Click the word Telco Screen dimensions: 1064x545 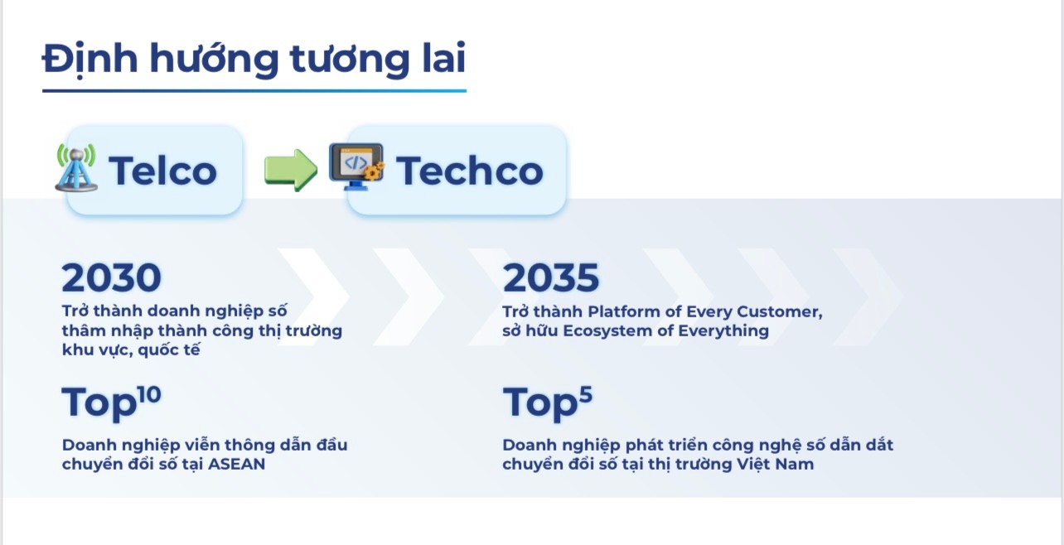(x=163, y=171)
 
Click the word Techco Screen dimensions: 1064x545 (x=470, y=171)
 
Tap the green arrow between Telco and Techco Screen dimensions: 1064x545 (x=291, y=170)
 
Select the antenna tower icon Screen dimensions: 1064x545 (x=76, y=167)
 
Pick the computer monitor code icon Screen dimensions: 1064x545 (x=356, y=166)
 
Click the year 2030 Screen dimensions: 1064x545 (x=112, y=277)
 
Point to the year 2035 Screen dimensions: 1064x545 (x=551, y=277)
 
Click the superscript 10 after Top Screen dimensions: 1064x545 (x=149, y=395)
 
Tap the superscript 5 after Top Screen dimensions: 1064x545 (x=586, y=395)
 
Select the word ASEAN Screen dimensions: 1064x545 (x=236, y=464)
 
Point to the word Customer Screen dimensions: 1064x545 (x=779, y=311)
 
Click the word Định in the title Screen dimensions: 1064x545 (x=90, y=59)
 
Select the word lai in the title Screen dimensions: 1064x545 (x=445, y=58)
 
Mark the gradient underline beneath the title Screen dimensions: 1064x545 (x=254, y=90)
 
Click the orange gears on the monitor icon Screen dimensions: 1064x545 (x=374, y=171)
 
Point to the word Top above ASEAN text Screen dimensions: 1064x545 (x=99, y=403)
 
